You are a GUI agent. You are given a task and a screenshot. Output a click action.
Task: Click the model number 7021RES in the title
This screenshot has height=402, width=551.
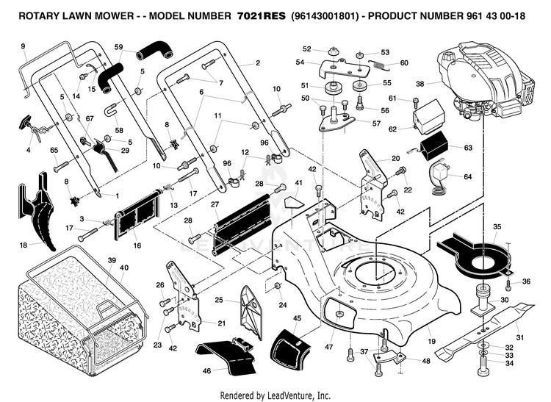(262, 16)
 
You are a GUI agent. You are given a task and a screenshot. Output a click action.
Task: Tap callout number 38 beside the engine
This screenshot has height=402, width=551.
(420, 84)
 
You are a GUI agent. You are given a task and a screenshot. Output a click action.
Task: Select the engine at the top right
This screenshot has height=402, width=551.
(485, 80)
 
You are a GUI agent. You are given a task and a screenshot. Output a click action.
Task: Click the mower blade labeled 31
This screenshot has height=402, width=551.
(486, 329)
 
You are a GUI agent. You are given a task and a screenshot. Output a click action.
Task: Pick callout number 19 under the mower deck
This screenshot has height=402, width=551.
(431, 341)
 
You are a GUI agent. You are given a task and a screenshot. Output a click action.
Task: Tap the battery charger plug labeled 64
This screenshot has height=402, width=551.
(440, 179)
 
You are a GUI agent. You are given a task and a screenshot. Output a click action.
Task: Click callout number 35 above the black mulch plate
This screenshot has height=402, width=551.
(497, 226)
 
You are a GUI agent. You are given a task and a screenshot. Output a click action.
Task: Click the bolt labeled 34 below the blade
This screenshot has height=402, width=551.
(483, 366)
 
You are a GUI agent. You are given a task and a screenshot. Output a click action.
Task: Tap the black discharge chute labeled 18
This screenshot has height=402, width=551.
(37, 211)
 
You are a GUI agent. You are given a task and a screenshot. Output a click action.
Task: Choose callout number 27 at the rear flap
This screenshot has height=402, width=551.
(215, 204)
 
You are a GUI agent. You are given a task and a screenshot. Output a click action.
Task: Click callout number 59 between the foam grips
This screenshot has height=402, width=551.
(119, 47)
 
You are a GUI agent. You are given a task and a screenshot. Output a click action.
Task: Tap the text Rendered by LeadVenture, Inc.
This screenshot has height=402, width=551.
(275, 395)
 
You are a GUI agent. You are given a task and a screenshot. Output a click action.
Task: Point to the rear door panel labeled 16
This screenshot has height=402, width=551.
(137, 215)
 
